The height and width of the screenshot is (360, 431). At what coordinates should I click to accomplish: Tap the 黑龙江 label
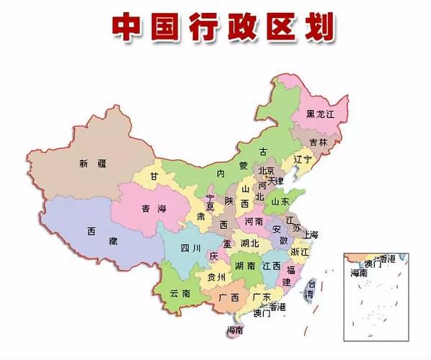click(320, 114)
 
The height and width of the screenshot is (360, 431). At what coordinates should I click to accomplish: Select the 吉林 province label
click(318, 143)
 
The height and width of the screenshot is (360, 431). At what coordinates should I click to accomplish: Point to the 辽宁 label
click(302, 158)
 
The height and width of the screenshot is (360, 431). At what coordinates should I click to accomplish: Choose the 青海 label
click(153, 210)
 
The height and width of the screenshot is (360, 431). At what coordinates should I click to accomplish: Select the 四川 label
click(191, 250)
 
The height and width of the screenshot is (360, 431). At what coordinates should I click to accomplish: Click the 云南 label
click(180, 293)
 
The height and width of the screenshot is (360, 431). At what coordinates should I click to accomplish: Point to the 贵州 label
click(216, 276)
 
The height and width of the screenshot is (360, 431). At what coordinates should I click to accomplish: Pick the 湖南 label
click(246, 266)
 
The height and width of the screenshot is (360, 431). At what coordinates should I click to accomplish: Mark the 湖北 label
click(249, 244)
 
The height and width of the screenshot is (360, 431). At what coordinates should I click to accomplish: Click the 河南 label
click(254, 221)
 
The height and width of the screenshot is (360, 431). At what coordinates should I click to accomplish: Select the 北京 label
click(266, 171)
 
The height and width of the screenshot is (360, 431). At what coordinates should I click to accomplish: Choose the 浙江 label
click(299, 252)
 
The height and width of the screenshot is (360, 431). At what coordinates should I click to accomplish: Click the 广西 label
click(229, 297)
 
